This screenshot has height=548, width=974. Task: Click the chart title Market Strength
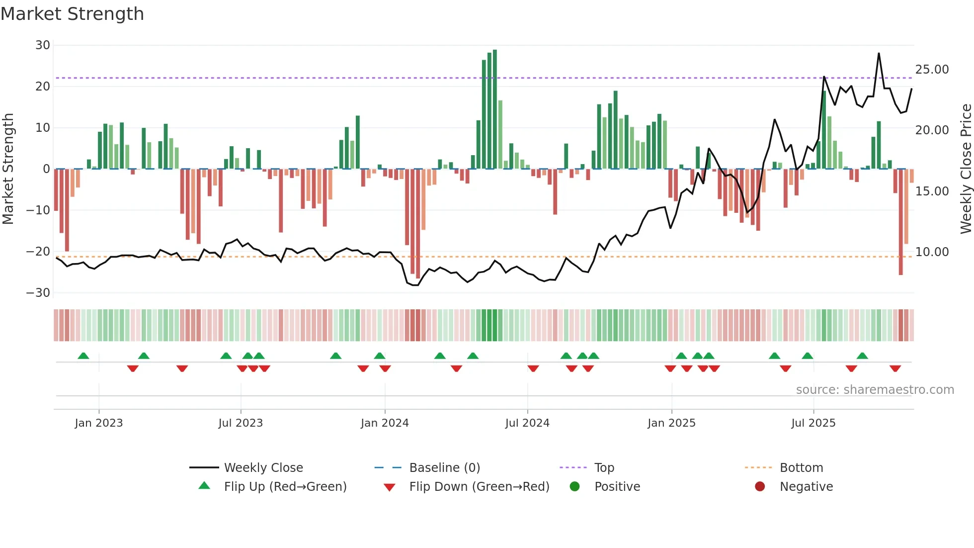[x=72, y=14]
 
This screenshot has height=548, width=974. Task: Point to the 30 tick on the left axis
[x=43, y=45]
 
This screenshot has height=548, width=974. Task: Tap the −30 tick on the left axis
[x=38, y=293]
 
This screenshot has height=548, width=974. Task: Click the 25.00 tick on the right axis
[x=932, y=70]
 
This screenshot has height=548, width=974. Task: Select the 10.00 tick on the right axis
[x=932, y=252]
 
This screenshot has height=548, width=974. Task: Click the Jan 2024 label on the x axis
[x=385, y=423]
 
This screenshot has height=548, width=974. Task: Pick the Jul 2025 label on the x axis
[x=813, y=423]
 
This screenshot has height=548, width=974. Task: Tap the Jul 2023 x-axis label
[x=241, y=423]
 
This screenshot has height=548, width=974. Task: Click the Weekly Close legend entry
[x=263, y=468]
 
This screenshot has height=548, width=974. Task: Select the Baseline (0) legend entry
[x=444, y=468]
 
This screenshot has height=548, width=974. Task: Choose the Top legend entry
[x=604, y=468]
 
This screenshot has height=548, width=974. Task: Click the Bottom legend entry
[x=801, y=468]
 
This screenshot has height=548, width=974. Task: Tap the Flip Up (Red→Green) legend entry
[x=285, y=487]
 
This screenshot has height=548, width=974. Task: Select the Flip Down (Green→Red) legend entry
[x=479, y=487]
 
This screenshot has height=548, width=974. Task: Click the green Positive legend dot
[x=574, y=487]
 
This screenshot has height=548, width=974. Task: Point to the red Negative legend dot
[x=759, y=487]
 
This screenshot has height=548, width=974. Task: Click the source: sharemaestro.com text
[x=875, y=390]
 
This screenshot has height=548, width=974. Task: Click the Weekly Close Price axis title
[x=966, y=169]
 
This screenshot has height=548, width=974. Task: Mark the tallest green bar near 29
[x=495, y=109]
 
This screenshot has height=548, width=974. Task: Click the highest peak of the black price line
[x=879, y=54]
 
